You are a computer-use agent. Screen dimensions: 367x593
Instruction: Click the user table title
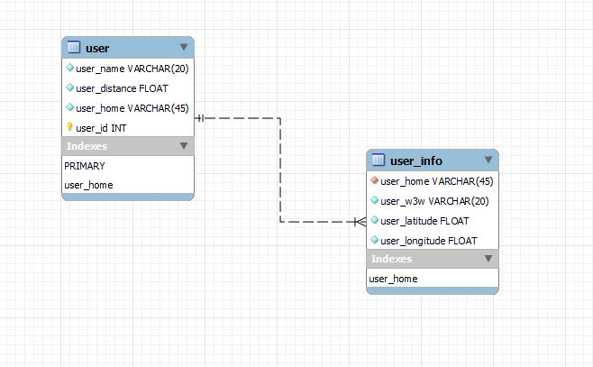pyautogui.click(x=96, y=48)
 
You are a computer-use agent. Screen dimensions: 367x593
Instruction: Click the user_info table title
pyautogui.click(x=415, y=161)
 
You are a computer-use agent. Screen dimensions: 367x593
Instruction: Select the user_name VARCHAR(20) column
pyautogui.click(x=132, y=68)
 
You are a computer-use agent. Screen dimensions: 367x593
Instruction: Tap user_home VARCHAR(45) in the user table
pyautogui.click(x=132, y=108)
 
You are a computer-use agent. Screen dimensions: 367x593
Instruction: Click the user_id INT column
pyautogui.click(x=101, y=128)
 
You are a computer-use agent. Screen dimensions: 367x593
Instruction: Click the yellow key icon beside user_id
pyautogui.click(x=69, y=128)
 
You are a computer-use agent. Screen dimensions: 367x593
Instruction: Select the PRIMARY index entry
pyautogui.click(x=85, y=166)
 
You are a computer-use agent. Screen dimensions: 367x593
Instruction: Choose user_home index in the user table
pyautogui.click(x=88, y=185)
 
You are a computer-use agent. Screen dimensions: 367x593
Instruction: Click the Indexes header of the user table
pyautogui.click(x=87, y=145)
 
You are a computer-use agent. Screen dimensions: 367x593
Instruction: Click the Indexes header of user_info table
pyautogui.click(x=392, y=259)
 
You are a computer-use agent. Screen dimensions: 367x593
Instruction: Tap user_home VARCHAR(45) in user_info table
pyautogui.click(x=436, y=181)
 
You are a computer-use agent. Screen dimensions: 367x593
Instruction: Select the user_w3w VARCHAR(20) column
pyautogui.click(x=434, y=201)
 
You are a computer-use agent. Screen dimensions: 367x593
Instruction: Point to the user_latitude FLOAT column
pyautogui.click(x=424, y=221)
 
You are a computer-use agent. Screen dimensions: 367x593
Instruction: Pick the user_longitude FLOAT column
pyautogui.click(x=428, y=241)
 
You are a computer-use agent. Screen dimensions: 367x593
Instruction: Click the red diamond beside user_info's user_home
pyautogui.click(x=375, y=181)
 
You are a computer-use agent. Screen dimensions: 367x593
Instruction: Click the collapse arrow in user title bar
pyautogui.click(x=184, y=47)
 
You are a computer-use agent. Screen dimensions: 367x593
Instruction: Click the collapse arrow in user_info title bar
pyautogui.click(x=488, y=161)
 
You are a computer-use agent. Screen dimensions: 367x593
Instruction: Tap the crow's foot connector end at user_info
pyautogui.click(x=360, y=221)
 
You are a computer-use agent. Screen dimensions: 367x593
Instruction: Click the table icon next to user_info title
pyautogui.click(x=379, y=161)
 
